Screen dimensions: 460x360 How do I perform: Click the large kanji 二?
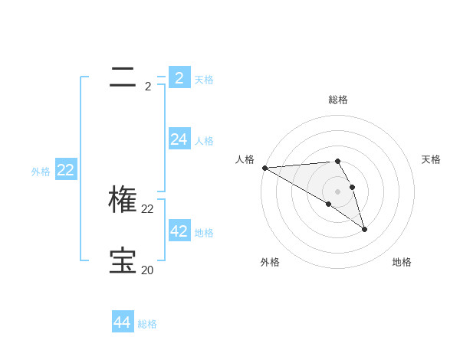(123, 76)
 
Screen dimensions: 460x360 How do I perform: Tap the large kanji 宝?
(123, 260)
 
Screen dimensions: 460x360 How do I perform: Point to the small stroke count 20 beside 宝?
(147, 270)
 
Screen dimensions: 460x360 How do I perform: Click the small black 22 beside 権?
(147, 208)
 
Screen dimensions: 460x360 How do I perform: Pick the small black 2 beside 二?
(147, 87)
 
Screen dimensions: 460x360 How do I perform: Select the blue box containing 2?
(179, 77)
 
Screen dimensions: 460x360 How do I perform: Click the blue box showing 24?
(179, 139)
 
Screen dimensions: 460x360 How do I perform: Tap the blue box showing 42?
(179, 231)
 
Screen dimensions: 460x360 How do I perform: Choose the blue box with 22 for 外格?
(66, 169)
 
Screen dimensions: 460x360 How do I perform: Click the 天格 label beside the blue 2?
(204, 79)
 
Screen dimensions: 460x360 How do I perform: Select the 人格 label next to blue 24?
(204, 141)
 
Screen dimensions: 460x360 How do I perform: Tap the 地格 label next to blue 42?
(204, 233)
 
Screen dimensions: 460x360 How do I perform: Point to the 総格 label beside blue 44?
(147, 325)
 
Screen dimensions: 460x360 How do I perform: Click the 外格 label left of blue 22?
(41, 172)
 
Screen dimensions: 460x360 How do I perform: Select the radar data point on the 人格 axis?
(264, 167)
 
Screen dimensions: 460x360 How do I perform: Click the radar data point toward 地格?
(364, 229)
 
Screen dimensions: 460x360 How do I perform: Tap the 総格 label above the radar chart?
(338, 100)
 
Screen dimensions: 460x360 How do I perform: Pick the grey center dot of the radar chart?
(337, 191)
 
